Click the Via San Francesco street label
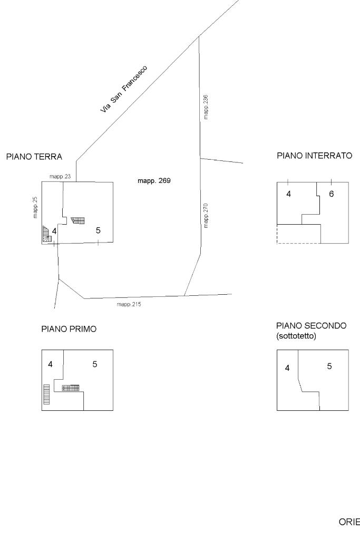click(x=124, y=89)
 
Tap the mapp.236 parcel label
click(x=206, y=107)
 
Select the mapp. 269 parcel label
click(x=154, y=181)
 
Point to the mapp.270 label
click(x=206, y=216)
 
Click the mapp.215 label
click(x=129, y=304)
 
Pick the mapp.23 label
click(x=60, y=177)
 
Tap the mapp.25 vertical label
click(x=35, y=207)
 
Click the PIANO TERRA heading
click(x=34, y=157)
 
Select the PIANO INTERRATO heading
click(x=315, y=156)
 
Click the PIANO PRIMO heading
click(x=69, y=329)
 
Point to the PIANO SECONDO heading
click(x=312, y=325)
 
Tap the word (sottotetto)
click(x=296, y=336)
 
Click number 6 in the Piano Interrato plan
click(x=332, y=194)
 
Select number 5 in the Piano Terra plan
click(x=98, y=230)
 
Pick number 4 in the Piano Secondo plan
click(x=287, y=368)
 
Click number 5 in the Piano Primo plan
click(x=95, y=364)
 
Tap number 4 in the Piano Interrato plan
click(x=288, y=194)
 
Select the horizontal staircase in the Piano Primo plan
click(x=71, y=388)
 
